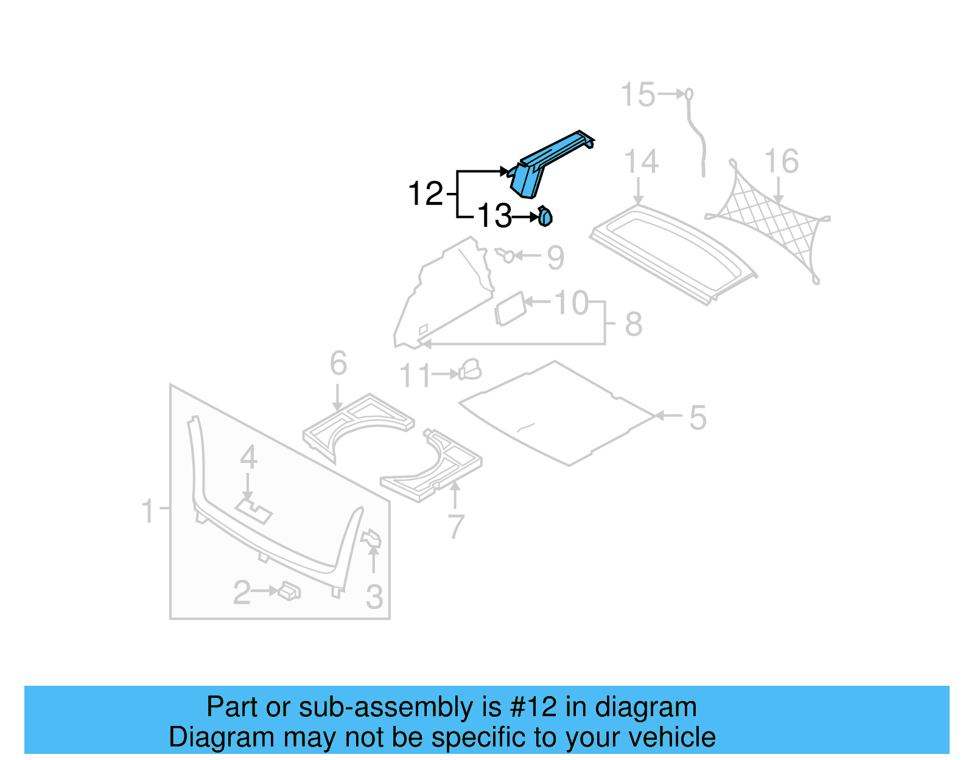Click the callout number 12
(425, 194)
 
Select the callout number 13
(494, 217)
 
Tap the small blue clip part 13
(545, 217)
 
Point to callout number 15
(637, 96)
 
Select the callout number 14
(641, 162)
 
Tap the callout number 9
(556, 258)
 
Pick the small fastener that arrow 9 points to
(506, 255)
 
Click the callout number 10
(571, 302)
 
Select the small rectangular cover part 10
(510, 309)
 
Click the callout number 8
(634, 324)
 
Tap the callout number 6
(338, 363)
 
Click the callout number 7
(456, 526)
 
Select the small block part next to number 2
(289, 591)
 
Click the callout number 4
(248, 458)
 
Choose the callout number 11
(415, 376)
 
